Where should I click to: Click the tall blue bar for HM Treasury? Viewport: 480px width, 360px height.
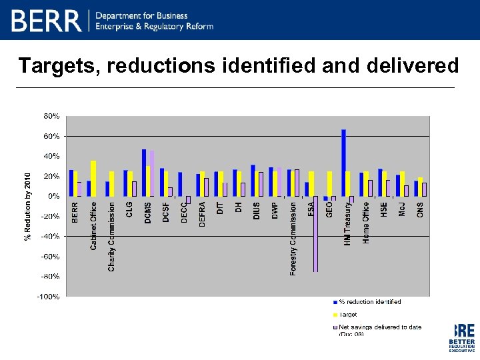343,163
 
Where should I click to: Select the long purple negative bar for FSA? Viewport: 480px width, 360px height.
315,233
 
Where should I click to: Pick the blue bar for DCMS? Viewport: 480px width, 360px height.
144,173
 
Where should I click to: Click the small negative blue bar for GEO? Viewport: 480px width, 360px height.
325,199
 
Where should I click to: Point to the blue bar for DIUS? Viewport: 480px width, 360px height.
253,181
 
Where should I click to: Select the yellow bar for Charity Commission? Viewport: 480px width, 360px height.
111,184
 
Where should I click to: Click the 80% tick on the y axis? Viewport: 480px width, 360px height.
52,116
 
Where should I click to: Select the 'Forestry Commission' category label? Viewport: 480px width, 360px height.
293,239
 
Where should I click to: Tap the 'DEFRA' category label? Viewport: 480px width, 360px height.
203,215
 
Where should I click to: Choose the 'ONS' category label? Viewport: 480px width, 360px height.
420,209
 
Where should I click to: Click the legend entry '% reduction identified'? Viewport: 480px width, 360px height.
370,302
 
